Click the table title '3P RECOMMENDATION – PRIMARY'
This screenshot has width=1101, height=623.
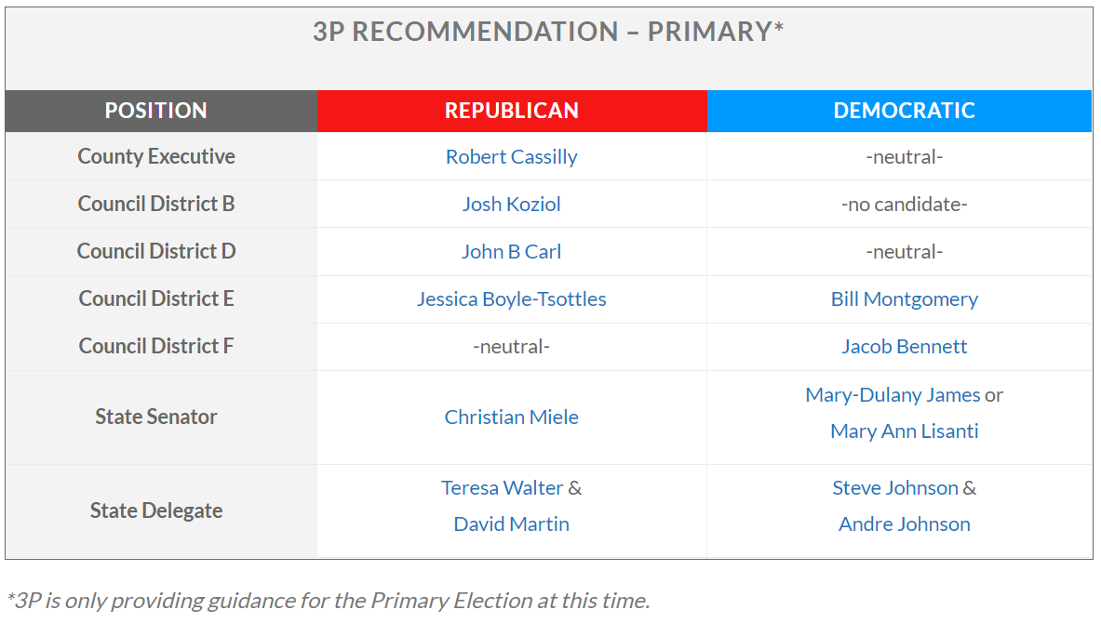point(543,32)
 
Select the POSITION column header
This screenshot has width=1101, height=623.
point(155,110)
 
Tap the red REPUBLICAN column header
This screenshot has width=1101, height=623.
point(512,110)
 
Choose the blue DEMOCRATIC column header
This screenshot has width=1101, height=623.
point(905,110)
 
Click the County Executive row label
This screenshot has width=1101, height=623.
point(155,156)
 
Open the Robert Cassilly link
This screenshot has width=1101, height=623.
point(512,156)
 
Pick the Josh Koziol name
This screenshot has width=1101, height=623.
point(512,205)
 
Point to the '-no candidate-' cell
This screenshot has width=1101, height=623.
point(905,205)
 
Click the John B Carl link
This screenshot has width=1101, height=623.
point(512,251)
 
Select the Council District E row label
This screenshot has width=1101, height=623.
point(155,298)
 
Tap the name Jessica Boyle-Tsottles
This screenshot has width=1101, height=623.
point(512,298)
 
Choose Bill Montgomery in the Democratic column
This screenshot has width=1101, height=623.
point(905,298)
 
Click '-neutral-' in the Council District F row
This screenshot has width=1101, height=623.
point(512,346)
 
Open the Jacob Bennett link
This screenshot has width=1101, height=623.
point(905,346)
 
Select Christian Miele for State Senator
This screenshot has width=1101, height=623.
point(512,417)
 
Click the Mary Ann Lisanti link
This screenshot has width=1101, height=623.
point(905,431)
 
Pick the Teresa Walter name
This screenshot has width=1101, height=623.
point(502,487)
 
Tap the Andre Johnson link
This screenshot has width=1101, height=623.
point(905,524)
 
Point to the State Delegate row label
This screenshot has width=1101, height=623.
point(155,510)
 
